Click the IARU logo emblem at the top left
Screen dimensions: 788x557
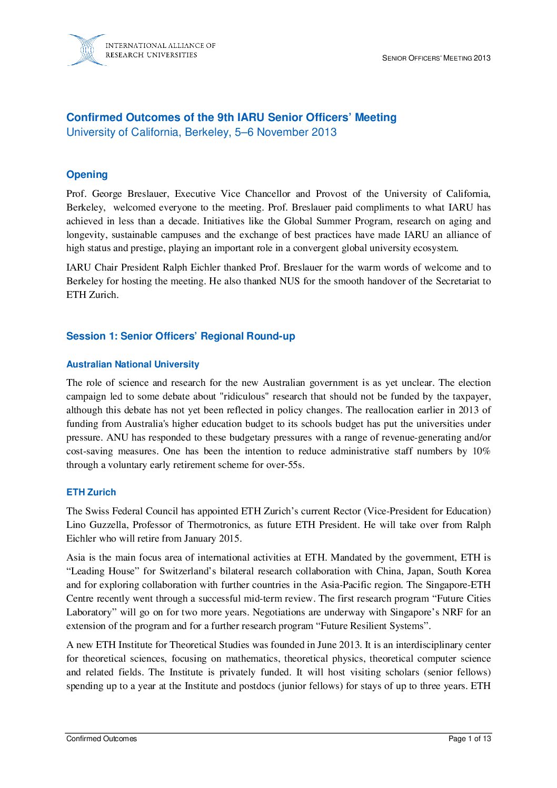click(x=86, y=50)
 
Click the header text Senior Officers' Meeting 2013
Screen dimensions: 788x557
click(x=436, y=58)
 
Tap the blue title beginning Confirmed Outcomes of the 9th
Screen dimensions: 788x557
click(x=231, y=117)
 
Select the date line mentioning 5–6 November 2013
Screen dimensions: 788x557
click(x=201, y=132)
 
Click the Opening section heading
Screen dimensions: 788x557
click(x=87, y=175)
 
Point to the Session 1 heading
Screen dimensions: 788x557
click(x=181, y=336)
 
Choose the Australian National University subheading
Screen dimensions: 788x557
click(x=133, y=364)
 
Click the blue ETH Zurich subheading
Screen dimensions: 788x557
click(x=91, y=492)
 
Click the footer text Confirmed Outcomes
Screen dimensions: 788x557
click(x=102, y=739)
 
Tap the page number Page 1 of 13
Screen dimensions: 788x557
click(x=470, y=739)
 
